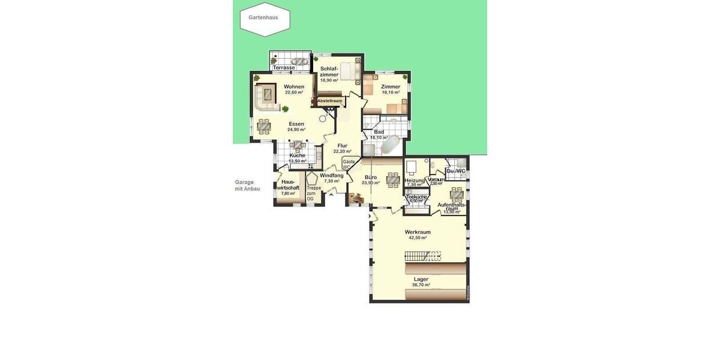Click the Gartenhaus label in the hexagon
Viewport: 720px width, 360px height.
[263, 17]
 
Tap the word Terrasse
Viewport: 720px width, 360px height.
[284, 68]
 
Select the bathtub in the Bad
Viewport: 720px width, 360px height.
[389, 145]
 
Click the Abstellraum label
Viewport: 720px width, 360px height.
[329, 101]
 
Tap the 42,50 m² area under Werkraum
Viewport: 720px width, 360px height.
[418, 238]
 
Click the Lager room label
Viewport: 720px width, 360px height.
[421, 279]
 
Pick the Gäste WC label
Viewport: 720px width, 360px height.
[348, 164]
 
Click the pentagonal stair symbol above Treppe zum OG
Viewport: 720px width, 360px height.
[312, 178]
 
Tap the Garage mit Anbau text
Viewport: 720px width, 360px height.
[247, 185]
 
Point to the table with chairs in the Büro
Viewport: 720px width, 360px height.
[393, 179]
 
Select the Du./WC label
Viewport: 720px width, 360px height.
[455, 171]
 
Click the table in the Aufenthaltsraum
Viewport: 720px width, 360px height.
[457, 193]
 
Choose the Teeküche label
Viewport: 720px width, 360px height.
[416, 197]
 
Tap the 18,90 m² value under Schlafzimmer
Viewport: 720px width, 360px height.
[329, 80]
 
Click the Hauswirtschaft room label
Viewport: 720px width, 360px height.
[288, 185]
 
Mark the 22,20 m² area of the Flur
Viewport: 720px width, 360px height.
[342, 151]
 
